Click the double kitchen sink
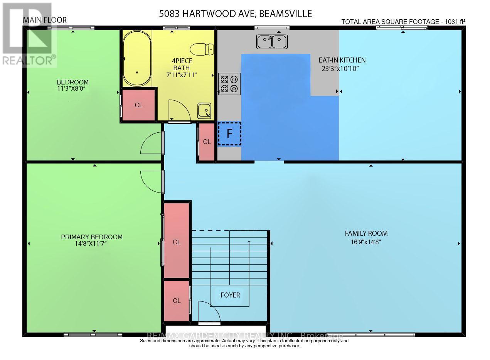pos(272,42)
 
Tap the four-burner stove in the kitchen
pos(229,84)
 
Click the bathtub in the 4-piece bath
pos(137,60)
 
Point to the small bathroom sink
pos(204,111)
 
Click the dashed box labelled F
pos(229,134)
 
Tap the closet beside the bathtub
pos(138,105)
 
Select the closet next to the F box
pos(207,142)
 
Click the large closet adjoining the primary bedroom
pos(177,242)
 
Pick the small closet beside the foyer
pos(177,301)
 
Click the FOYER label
pos(230,295)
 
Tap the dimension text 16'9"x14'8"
pos(365,242)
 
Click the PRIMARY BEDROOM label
pos(92,237)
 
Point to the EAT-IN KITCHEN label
pos(342,60)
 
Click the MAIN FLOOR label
pos(45,20)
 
